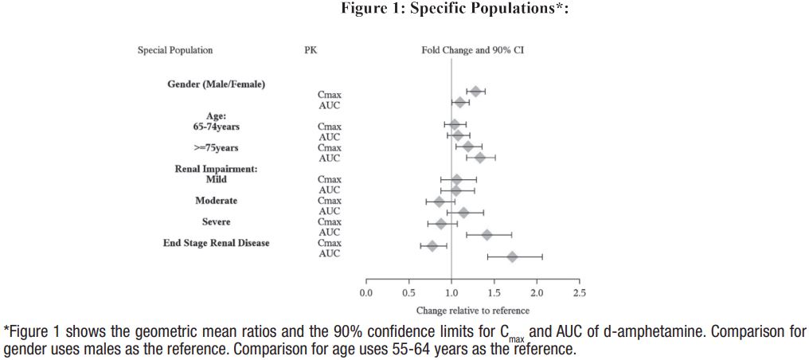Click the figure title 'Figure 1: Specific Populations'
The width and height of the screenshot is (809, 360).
(x=455, y=9)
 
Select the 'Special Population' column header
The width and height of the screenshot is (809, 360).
(x=175, y=50)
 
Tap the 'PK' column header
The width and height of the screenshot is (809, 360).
(x=310, y=50)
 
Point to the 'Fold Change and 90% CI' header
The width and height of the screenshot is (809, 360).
(x=472, y=50)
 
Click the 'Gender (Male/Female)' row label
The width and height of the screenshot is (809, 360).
(x=216, y=84)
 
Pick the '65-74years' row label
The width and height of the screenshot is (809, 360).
(x=216, y=127)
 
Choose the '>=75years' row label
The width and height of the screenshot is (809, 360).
(x=216, y=147)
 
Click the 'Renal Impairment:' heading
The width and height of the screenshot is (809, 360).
(x=216, y=169)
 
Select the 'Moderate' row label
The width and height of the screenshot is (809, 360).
(x=216, y=201)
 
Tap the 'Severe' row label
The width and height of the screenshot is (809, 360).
(x=216, y=222)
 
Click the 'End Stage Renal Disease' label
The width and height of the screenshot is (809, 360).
(x=216, y=243)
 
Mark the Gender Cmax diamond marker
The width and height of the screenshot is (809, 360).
(x=475, y=92)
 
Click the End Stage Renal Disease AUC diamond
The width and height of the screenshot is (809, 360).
(x=512, y=256)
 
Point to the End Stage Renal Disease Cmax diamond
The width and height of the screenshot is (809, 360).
(x=432, y=245)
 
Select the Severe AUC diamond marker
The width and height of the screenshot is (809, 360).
(x=487, y=235)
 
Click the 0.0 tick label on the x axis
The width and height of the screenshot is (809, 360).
(x=365, y=292)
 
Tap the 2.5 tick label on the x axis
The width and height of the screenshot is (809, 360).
(x=579, y=292)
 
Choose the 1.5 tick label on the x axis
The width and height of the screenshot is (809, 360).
(x=494, y=292)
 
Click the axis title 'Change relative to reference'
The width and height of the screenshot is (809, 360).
(x=472, y=311)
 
